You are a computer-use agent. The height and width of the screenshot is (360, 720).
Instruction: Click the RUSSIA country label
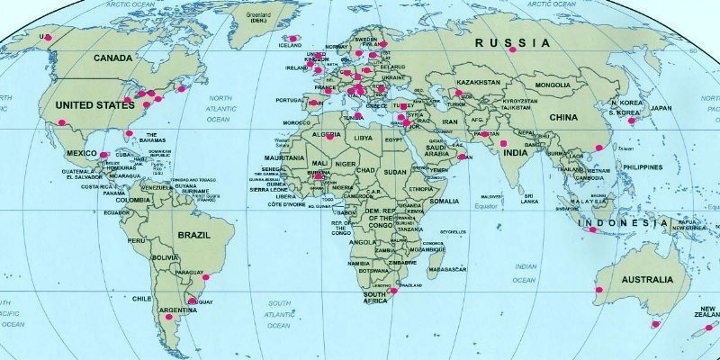512,42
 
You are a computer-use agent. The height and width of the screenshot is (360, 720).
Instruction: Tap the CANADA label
113,58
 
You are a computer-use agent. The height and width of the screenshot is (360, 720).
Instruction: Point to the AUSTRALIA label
646,280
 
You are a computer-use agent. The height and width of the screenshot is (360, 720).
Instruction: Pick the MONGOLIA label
553,85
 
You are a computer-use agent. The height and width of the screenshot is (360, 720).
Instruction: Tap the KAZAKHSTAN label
477,82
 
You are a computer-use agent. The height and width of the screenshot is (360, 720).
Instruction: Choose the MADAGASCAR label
446,269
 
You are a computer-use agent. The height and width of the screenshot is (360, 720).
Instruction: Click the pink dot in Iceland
288,38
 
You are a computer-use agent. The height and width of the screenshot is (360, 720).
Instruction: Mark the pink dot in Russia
511,50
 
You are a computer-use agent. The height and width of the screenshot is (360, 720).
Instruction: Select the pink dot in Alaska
48,36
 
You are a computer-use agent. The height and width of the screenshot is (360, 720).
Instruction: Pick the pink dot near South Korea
632,121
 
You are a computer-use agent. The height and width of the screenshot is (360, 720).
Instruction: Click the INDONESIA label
616,221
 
